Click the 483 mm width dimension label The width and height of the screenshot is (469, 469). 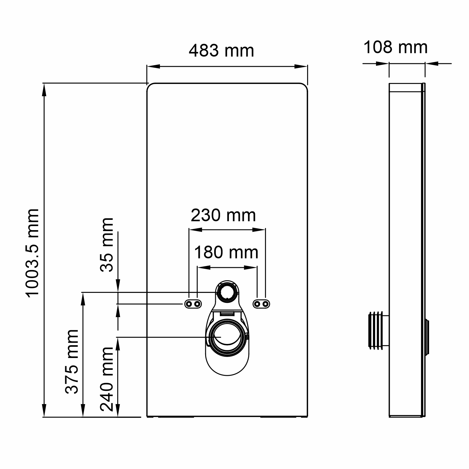(221, 51)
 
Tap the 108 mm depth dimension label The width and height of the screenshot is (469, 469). (395, 47)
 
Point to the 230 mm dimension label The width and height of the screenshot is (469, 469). (223, 215)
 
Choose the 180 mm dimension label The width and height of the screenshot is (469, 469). (226, 252)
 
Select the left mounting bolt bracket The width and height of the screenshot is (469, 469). (193, 304)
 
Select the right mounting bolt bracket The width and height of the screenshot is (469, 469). (261, 304)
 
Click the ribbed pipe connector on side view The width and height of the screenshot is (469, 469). (379, 330)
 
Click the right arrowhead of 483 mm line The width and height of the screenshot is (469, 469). (301, 66)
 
